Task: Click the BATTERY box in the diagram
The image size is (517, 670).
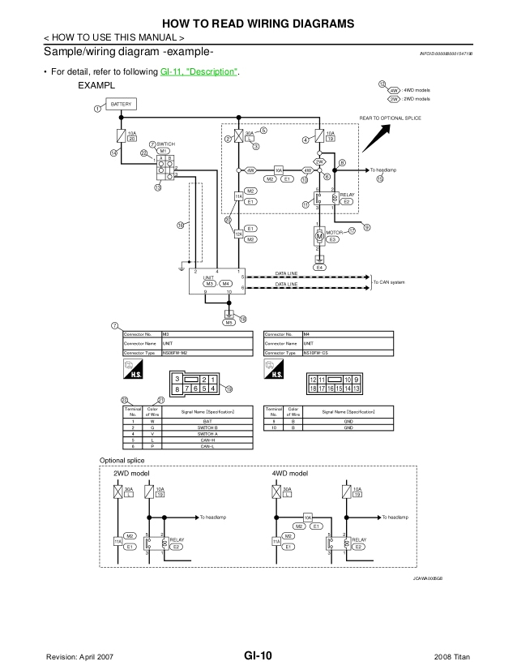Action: coord(119,105)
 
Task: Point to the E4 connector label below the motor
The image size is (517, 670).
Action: coord(319,267)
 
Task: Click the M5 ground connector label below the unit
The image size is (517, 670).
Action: coord(229,322)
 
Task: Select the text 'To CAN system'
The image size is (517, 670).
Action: coord(391,281)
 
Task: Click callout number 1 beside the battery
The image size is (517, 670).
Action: coord(96,108)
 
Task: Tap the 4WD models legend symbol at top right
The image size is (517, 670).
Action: coord(395,91)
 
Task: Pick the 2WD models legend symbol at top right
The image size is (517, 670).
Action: coord(395,99)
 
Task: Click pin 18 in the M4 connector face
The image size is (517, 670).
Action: coord(313,389)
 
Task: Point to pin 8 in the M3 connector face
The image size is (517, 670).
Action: coord(177,389)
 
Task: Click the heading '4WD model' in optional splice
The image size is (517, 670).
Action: coord(290,473)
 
